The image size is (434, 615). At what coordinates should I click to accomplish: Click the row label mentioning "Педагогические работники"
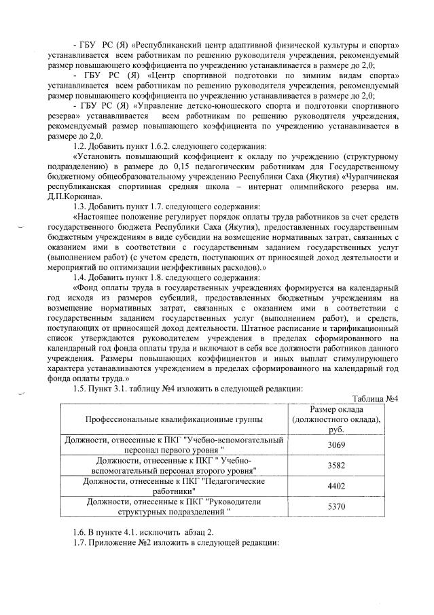tap(173, 486)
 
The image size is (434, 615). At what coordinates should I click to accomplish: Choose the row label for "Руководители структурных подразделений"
tap(173, 506)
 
